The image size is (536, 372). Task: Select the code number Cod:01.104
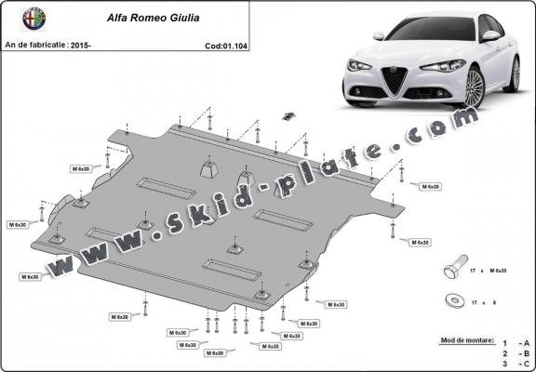click(226, 45)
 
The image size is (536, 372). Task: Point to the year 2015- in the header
click(81, 45)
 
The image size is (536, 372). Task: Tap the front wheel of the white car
click(475, 86)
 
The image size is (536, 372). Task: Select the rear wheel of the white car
click(515, 73)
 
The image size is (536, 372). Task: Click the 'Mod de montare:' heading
click(466, 343)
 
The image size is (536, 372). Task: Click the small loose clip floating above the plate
click(288, 116)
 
